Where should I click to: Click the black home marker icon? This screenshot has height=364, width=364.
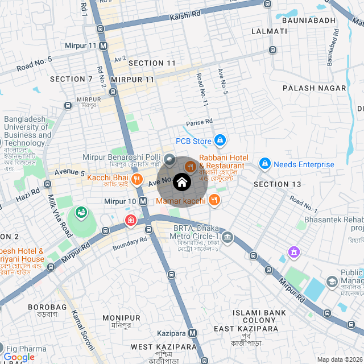[x=181, y=182]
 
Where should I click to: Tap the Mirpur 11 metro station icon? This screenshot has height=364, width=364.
[x=103, y=45]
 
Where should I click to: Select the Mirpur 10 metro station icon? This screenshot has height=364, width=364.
[x=143, y=201]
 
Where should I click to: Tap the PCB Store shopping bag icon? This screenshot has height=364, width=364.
[x=221, y=140]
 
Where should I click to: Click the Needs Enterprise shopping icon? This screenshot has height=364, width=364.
[x=264, y=164]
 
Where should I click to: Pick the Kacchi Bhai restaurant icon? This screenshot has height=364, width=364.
[x=136, y=180]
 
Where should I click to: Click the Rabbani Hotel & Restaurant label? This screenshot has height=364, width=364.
[x=221, y=161]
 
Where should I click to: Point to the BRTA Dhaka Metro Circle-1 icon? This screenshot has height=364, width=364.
[x=227, y=237]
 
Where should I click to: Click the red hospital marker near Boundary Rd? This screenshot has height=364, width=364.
[x=131, y=220]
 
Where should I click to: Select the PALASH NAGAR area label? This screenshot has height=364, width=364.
[x=315, y=88]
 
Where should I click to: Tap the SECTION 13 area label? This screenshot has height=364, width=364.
[x=278, y=184]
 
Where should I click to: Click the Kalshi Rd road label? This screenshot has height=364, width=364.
[x=184, y=17]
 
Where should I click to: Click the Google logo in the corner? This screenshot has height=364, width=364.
[x=19, y=357]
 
